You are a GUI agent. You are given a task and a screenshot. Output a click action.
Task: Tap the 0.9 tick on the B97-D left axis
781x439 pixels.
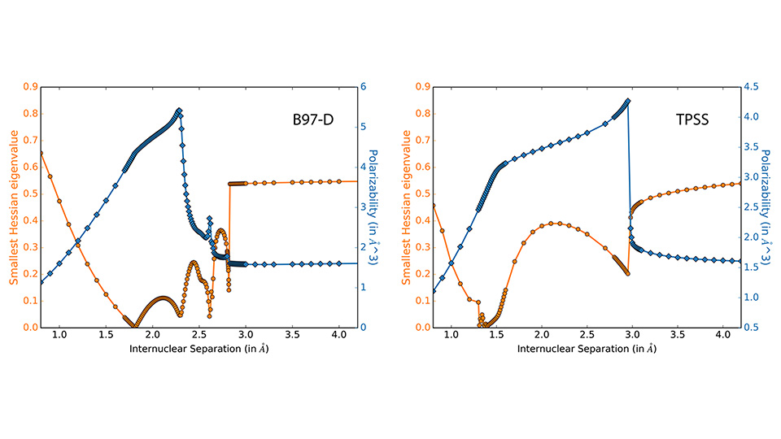(29, 86)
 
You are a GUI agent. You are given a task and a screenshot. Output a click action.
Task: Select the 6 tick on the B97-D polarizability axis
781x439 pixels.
(364, 86)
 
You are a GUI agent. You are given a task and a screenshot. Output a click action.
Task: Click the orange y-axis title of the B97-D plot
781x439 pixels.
(13, 206)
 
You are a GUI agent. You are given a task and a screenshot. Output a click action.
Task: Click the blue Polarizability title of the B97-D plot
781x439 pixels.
(376, 206)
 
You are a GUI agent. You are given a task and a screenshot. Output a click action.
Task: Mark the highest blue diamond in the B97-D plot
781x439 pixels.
(178, 111)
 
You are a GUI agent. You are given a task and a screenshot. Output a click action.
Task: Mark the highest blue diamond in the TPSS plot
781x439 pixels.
(627, 102)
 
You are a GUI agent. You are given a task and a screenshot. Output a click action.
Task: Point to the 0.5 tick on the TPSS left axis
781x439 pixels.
(421, 193)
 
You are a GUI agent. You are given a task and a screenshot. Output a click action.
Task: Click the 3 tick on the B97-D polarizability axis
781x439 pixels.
(364, 206)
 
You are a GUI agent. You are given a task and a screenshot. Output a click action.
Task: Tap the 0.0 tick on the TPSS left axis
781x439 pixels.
(421, 328)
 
